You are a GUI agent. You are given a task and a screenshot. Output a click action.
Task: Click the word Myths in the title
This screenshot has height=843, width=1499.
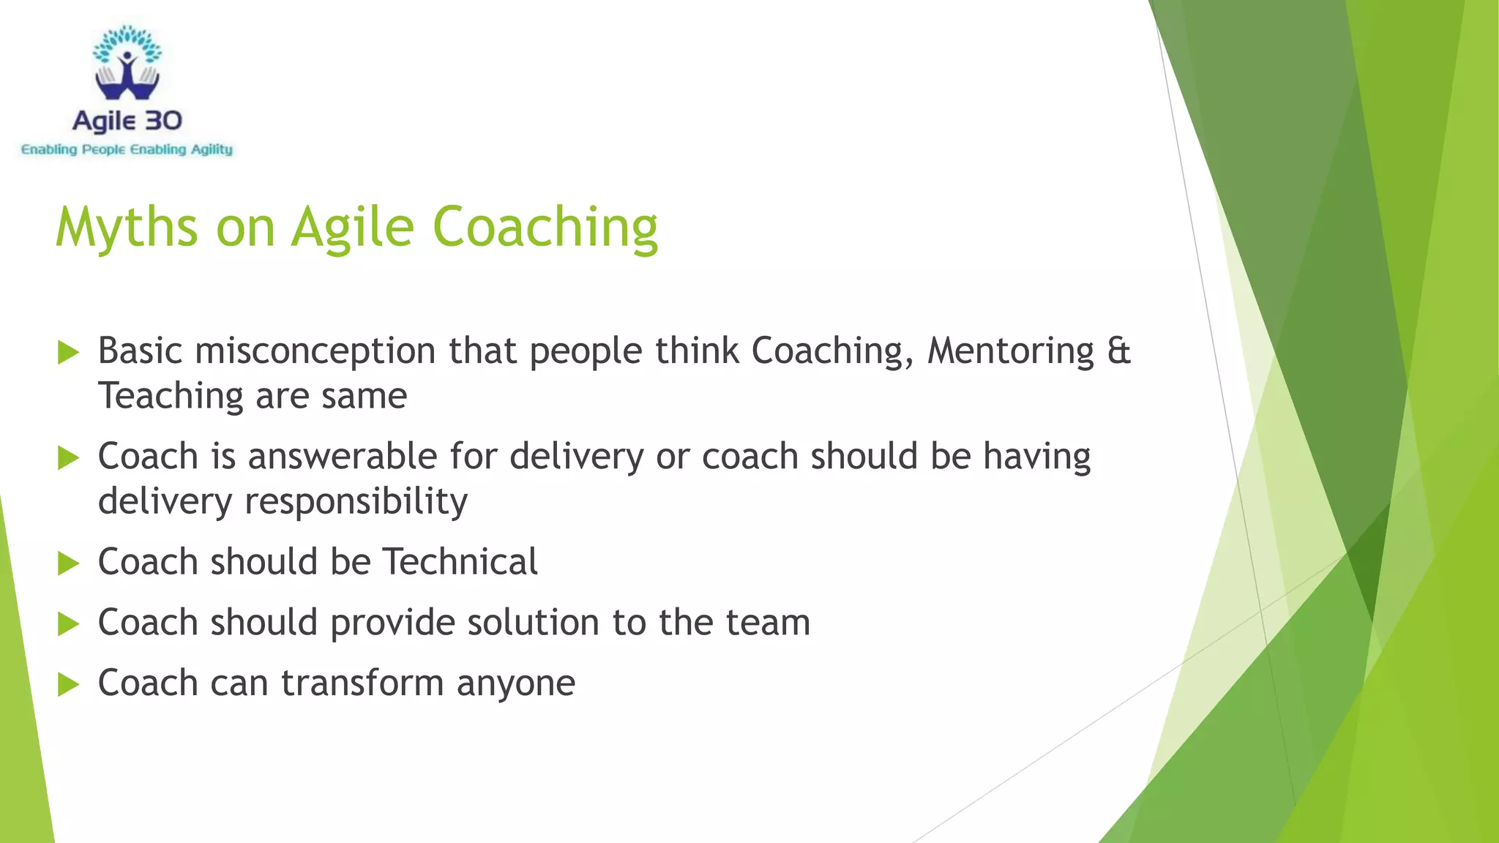pos(127,228)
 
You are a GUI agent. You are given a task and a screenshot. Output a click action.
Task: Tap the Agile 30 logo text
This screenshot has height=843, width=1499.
pos(127,121)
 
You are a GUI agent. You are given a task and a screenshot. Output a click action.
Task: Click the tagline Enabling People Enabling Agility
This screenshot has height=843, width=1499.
pos(127,150)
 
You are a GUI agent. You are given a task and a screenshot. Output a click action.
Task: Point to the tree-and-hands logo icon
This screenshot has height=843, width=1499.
pos(127,64)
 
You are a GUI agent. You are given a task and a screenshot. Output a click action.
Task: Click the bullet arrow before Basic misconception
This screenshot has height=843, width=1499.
pos(68,352)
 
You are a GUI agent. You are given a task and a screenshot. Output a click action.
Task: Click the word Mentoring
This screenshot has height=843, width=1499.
pos(1011,351)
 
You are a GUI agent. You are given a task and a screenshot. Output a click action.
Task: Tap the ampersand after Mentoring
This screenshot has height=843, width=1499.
pos(1119,351)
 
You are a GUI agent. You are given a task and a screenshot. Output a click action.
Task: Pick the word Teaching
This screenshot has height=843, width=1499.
pos(171,396)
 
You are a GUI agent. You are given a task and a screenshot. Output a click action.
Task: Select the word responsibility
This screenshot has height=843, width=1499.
pos(356,502)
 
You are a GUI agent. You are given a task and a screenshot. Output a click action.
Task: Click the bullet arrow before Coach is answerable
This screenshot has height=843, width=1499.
pos(68,458)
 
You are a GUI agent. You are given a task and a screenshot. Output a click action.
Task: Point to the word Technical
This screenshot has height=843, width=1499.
pos(460,562)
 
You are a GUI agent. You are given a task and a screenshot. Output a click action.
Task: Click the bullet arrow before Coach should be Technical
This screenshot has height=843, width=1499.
pos(68,563)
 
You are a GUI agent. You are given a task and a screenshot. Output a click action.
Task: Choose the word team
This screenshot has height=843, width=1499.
pos(768,623)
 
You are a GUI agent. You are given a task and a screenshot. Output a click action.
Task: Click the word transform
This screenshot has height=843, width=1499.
pos(362,683)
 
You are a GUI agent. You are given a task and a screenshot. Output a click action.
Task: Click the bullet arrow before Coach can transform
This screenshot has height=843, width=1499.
pos(68,685)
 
